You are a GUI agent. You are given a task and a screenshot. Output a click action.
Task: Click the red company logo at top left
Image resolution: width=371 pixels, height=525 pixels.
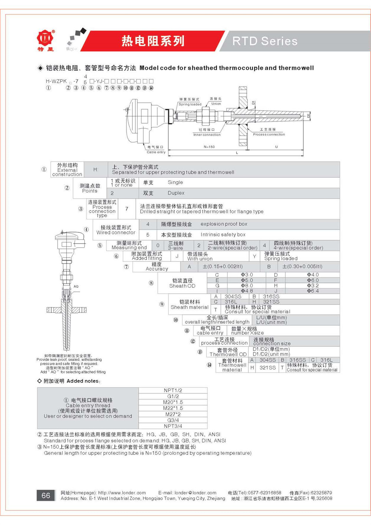point(46,39)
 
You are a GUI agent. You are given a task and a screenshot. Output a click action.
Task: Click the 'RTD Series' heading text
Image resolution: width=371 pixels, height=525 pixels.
point(265,41)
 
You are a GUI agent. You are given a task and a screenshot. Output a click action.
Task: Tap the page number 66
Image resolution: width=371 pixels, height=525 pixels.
point(46,495)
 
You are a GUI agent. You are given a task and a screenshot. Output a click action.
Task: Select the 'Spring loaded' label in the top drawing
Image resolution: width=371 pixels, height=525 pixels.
point(190,104)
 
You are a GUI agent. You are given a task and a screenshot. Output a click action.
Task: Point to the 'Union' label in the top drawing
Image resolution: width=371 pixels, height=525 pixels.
point(216,104)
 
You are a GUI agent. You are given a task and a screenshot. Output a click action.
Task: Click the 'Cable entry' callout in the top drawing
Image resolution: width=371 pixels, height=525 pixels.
point(156,152)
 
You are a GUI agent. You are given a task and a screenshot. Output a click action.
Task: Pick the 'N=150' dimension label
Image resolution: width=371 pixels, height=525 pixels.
point(209,147)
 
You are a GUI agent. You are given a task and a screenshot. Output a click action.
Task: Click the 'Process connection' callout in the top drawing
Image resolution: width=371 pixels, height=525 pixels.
point(269,134)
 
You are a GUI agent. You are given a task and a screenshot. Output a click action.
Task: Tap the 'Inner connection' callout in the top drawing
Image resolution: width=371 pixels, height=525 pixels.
point(207,135)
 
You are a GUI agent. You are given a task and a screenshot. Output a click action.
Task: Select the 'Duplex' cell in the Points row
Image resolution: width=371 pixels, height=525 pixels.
point(176,193)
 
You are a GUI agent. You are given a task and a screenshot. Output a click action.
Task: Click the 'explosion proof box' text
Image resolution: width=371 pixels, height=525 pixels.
point(224,224)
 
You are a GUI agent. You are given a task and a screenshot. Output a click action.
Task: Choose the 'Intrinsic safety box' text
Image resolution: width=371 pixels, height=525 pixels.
point(223,235)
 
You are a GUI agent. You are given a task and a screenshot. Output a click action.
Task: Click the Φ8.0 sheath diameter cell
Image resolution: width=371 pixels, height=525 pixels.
point(247,286)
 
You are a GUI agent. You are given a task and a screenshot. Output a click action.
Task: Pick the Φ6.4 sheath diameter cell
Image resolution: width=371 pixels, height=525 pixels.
point(312,291)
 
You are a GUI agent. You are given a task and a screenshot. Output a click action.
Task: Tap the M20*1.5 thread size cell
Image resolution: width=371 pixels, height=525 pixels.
point(173,402)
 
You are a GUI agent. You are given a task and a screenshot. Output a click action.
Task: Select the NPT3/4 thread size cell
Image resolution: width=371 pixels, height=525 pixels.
point(173,426)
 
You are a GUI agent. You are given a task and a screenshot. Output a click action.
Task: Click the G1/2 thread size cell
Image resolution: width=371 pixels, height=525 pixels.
point(173,397)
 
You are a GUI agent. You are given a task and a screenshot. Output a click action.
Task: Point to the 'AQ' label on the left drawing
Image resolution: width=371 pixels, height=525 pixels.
point(76,286)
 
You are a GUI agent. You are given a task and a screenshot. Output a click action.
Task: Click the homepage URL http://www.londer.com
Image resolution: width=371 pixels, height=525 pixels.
point(122,493)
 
